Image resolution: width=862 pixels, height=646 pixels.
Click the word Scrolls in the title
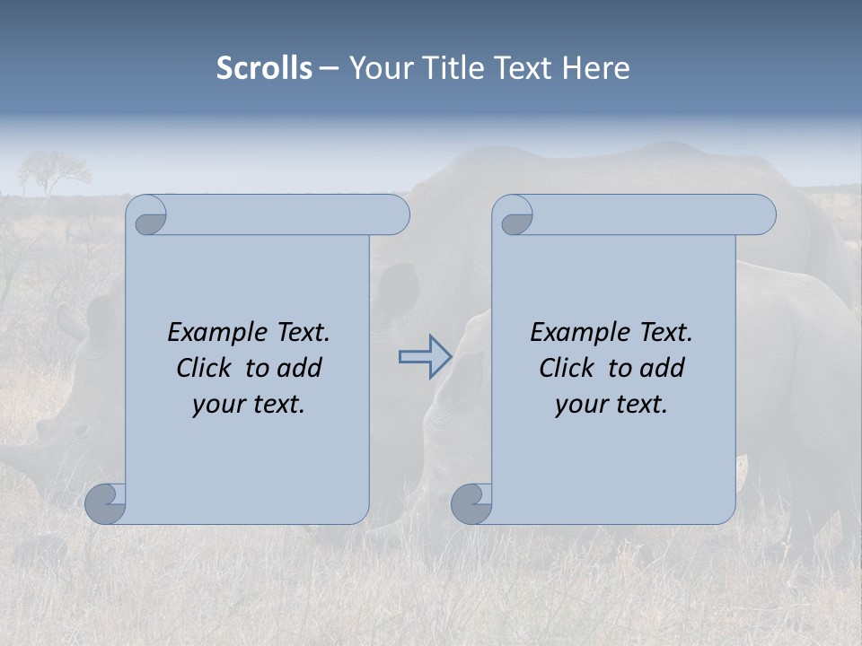pos(264,68)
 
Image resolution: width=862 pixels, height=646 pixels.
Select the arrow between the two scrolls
pos(425,357)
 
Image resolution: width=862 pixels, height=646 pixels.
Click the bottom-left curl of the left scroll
pos(106,504)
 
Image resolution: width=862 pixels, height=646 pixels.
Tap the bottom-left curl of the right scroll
pos(471,504)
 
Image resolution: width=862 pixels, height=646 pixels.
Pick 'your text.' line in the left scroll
pos(249,404)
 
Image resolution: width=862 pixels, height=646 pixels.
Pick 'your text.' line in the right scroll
pos(611,404)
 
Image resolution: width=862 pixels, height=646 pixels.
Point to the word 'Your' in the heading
pos(378,68)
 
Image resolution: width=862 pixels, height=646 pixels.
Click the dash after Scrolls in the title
pos(329,68)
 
